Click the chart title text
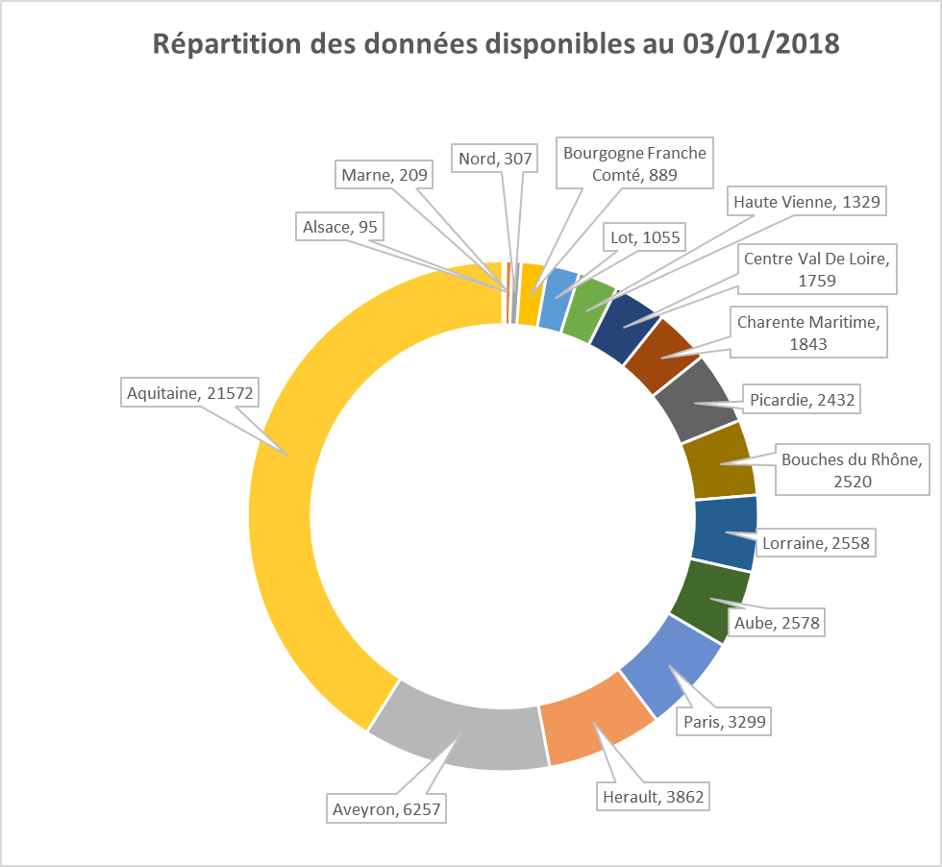496,45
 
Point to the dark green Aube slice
711,601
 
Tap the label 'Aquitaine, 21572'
181,392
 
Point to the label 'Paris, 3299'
725,720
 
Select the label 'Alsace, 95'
339,227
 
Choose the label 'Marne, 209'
385,175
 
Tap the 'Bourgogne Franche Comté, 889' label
634,163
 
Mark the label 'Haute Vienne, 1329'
806,202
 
